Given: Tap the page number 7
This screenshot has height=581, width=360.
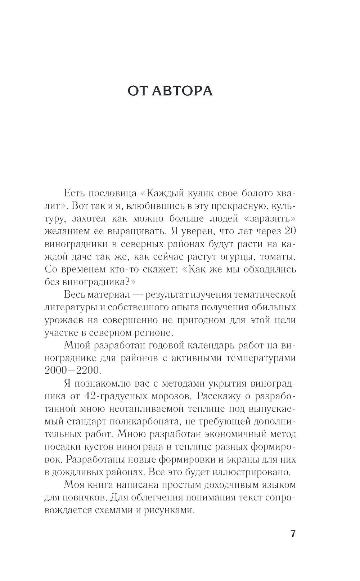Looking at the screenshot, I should click(x=293, y=533).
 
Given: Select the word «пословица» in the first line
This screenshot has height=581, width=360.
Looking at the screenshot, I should click(x=109, y=193).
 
